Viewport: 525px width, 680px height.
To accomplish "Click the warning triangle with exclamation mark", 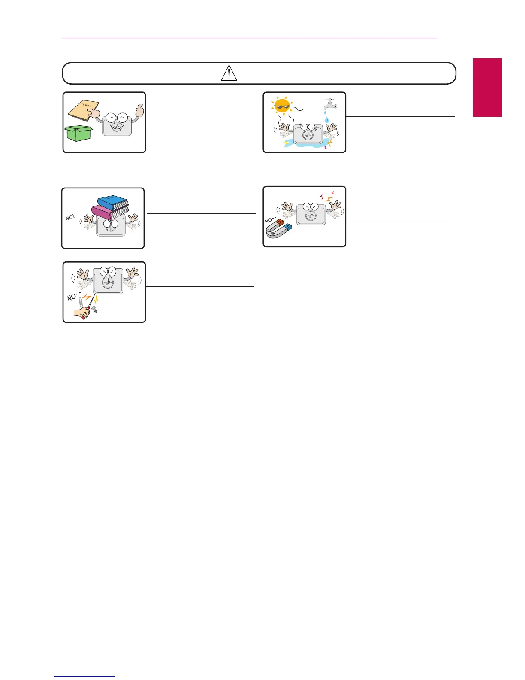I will (x=229, y=73).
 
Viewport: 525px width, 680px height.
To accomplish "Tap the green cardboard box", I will (x=79, y=134).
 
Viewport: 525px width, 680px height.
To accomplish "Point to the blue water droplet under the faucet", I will (x=327, y=120).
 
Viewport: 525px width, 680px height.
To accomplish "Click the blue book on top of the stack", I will (x=113, y=203).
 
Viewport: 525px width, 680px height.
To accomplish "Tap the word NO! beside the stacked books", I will (x=70, y=218).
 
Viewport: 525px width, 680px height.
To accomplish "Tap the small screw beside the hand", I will (x=94, y=309).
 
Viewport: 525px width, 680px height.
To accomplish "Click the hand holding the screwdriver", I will (x=81, y=313).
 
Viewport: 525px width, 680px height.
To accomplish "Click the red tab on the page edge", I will (x=487, y=88).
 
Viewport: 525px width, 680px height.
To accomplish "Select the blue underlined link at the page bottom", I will (x=85, y=677).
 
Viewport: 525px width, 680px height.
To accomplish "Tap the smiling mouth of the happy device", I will (x=117, y=127).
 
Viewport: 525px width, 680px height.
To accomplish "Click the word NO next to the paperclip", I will (x=72, y=296).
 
